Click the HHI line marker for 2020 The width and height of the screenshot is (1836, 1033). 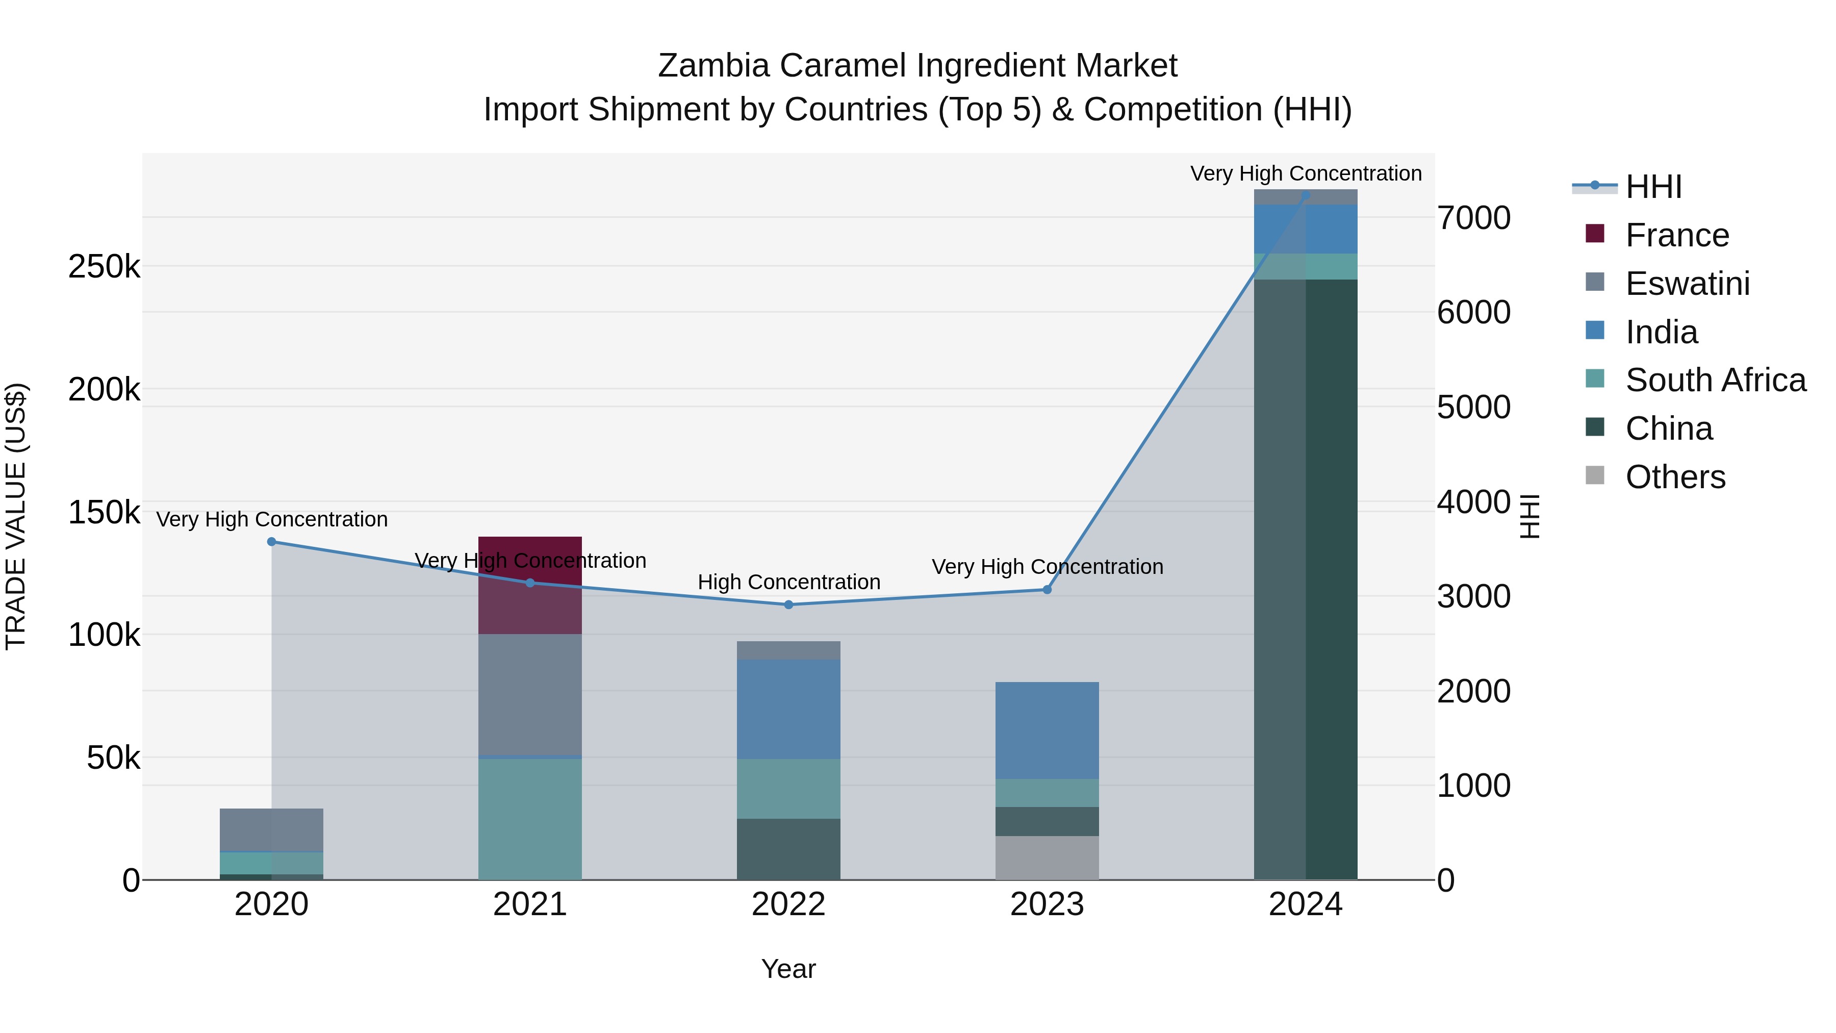point(271,542)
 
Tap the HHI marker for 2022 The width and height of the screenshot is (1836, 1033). point(788,604)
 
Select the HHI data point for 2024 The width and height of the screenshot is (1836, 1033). point(1306,195)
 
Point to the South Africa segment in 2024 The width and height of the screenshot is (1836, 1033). point(1306,267)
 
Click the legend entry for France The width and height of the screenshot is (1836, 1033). point(1676,235)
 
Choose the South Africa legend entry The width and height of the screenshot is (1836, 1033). point(1715,380)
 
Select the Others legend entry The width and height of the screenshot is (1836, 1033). point(1675,477)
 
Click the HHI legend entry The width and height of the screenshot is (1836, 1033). point(1653,187)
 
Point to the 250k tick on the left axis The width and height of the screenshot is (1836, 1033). point(104,267)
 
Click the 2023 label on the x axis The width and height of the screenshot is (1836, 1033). point(1047,904)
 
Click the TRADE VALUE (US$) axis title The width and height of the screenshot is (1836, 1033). point(16,516)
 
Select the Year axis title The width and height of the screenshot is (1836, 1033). point(788,969)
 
